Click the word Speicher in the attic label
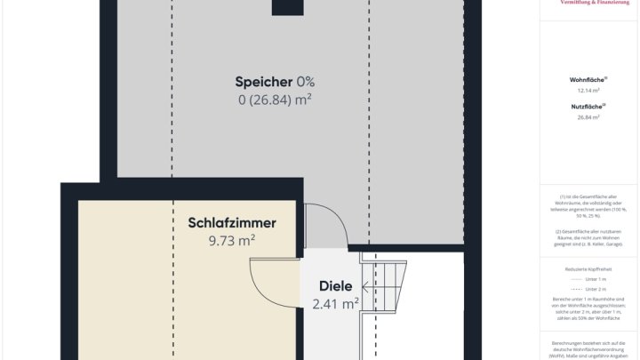264,82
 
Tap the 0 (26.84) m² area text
275,100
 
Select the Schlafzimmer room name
232,223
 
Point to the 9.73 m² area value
232,240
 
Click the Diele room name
336,286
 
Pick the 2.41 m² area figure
336,303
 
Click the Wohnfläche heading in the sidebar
588,80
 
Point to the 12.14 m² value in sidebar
588,91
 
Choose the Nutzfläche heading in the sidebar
588,107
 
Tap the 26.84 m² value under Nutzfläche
588,117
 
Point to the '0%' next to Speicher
306,82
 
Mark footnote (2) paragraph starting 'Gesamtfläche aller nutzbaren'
588,237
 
